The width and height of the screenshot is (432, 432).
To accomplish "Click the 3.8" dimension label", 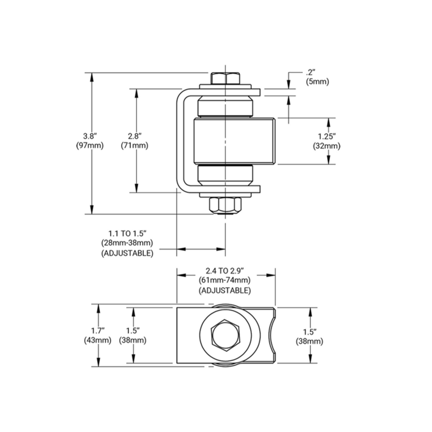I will (89, 135).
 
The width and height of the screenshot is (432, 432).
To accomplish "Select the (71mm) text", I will (135, 146).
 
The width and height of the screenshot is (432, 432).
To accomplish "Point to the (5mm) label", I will (318, 82).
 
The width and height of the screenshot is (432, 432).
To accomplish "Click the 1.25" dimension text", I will (327, 136).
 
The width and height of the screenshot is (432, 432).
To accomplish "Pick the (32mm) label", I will (327, 146).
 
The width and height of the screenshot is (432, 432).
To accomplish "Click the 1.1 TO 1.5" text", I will (127, 234).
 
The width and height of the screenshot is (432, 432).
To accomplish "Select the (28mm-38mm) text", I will (127, 243).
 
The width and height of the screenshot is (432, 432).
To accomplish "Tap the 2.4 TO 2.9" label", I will (225, 271).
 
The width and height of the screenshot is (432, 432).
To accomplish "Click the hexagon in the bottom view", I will (225, 335).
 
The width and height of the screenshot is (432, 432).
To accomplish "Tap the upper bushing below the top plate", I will (225, 107).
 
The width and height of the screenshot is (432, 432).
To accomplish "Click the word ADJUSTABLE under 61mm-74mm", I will (225, 290).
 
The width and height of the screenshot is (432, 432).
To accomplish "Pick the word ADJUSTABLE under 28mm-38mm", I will (127, 253).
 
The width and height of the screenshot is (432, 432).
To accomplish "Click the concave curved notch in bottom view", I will (271, 335).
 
